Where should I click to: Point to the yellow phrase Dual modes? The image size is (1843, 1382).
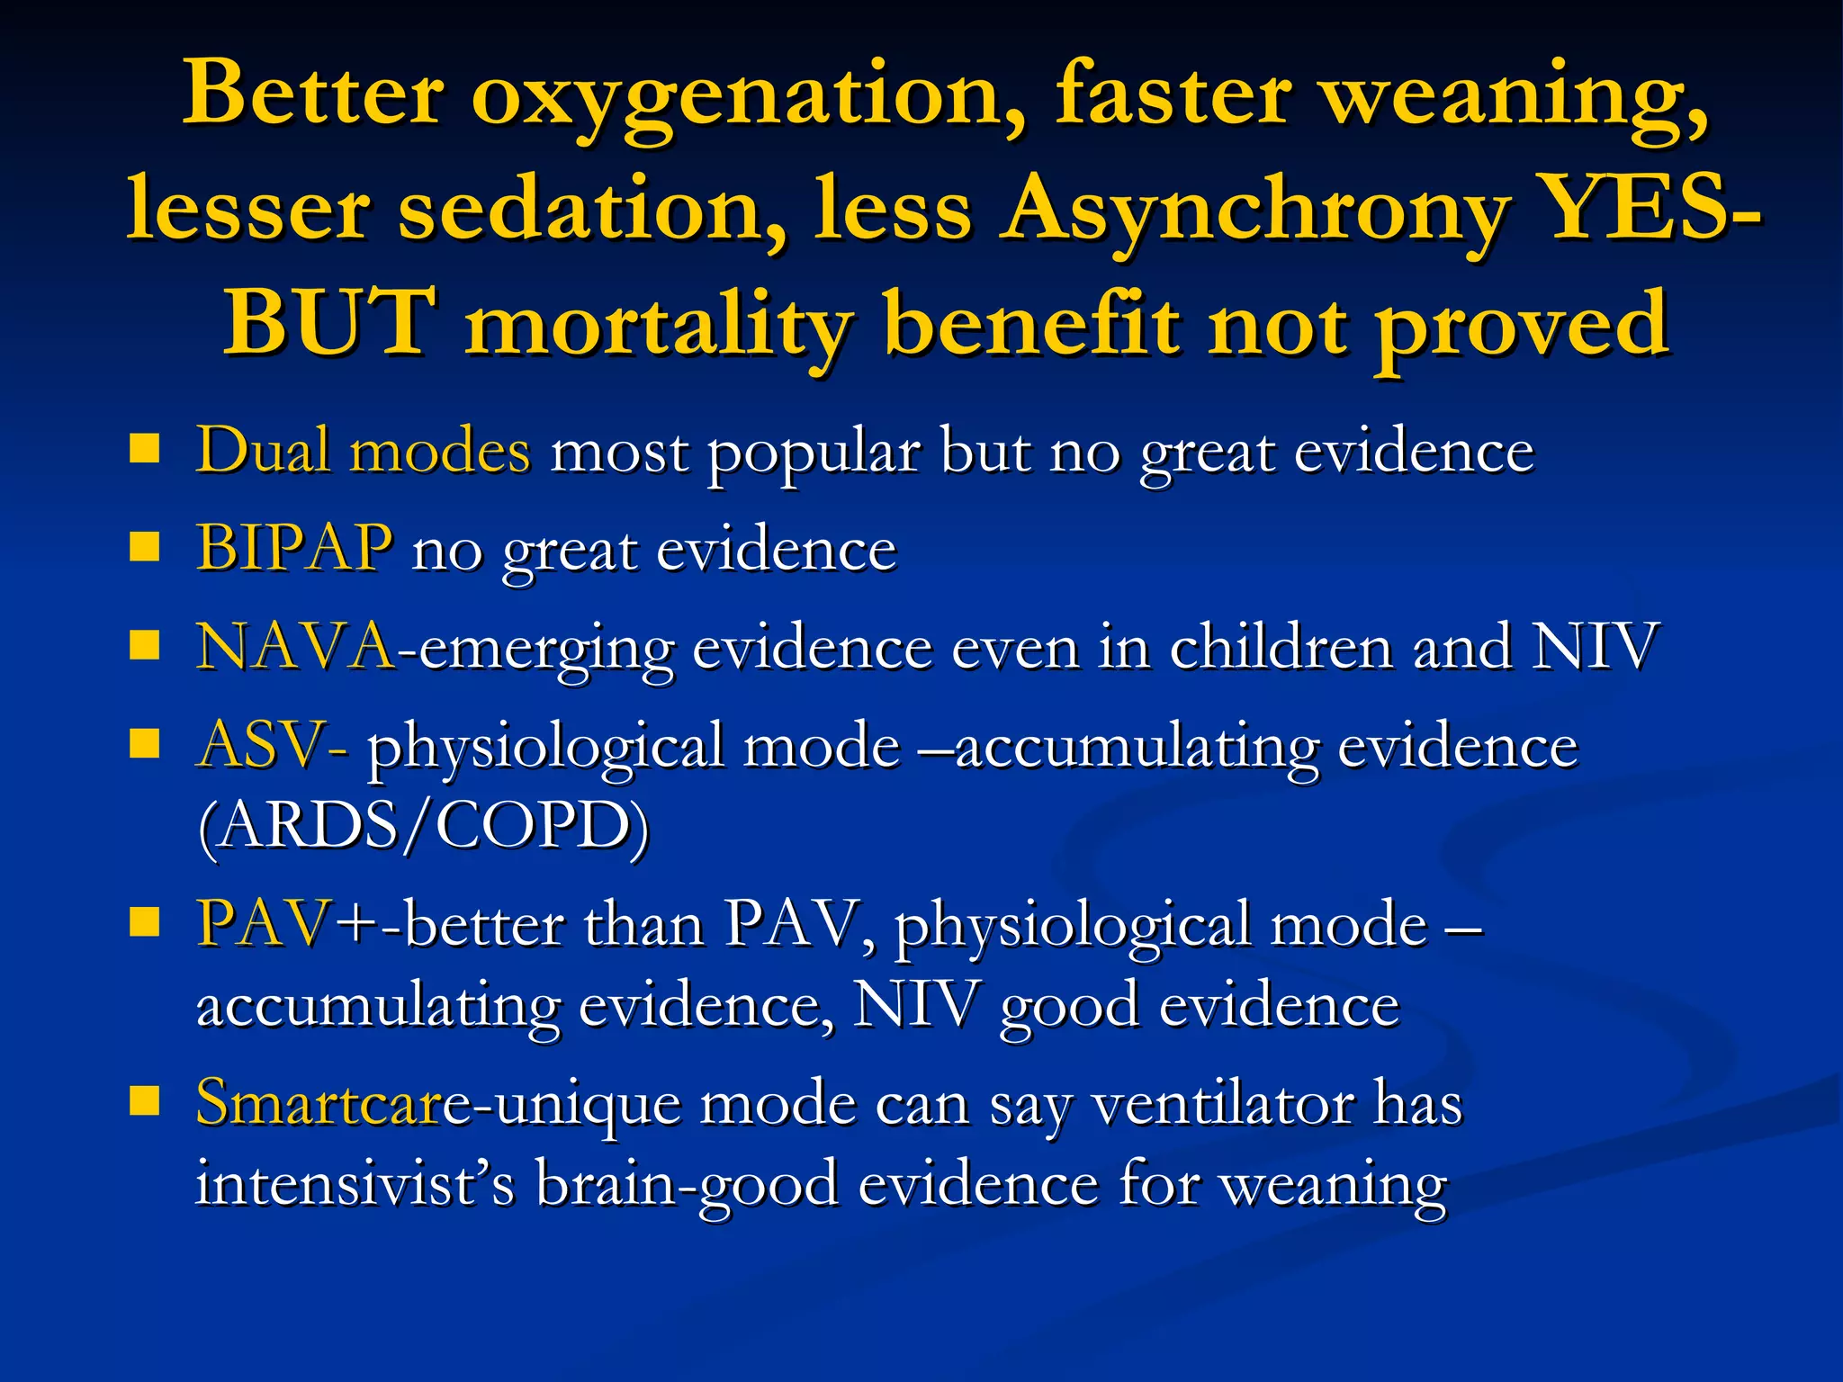click(x=363, y=450)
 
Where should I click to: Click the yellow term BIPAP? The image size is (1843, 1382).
click(x=294, y=548)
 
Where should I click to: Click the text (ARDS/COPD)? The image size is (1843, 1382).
click(x=423, y=826)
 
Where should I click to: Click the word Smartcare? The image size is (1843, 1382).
click(x=319, y=1103)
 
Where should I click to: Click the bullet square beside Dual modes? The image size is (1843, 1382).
click(x=144, y=448)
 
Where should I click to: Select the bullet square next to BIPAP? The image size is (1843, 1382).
click(x=144, y=546)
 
